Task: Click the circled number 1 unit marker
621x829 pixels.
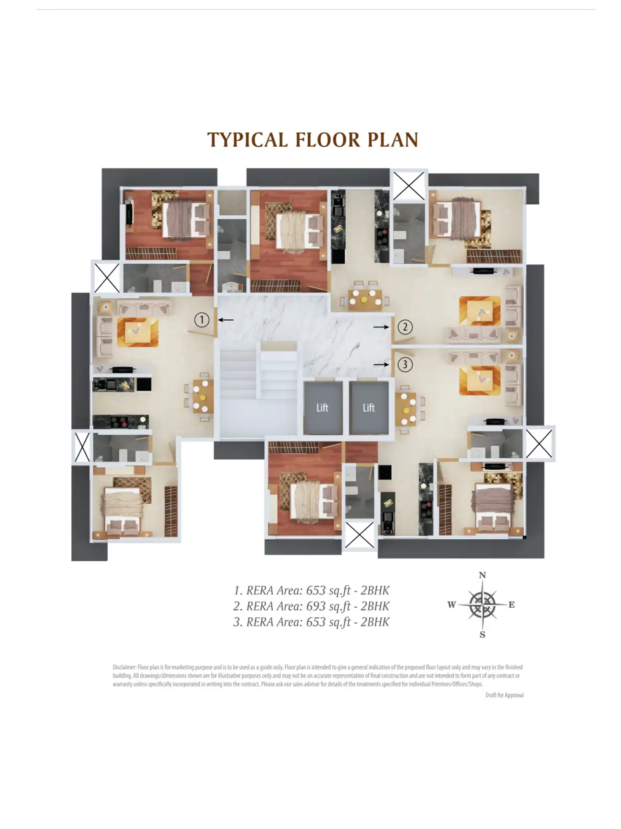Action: click(202, 320)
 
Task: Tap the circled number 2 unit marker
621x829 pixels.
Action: click(405, 327)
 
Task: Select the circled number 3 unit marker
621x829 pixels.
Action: click(405, 365)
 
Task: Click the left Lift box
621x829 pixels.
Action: click(322, 407)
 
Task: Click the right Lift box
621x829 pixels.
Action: click(368, 407)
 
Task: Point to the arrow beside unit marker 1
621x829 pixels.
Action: click(226, 320)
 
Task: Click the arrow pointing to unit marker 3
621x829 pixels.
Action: click(381, 365)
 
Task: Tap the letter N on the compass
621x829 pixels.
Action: click(483, 575)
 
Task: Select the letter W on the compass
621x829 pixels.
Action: click(451, 604)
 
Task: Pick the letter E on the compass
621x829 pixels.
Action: click(512, 604)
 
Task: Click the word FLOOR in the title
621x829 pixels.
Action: click(328, 140)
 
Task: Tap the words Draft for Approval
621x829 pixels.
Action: click(505, 695)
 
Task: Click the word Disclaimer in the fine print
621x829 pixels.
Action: click(124, 667)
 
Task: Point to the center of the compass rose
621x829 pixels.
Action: click(483, 604)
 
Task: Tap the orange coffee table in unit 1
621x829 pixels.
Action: click(138, 332)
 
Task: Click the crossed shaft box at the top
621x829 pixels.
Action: click(409, 186)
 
